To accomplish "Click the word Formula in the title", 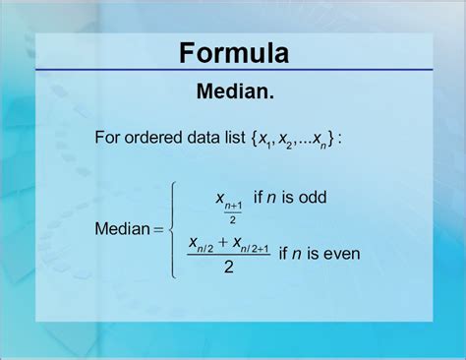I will coord(233,52).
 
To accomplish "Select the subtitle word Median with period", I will coord(233,92).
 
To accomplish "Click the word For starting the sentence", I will coord(108,138).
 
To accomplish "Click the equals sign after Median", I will coord(157,230).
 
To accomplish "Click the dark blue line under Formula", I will coord(233,71).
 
